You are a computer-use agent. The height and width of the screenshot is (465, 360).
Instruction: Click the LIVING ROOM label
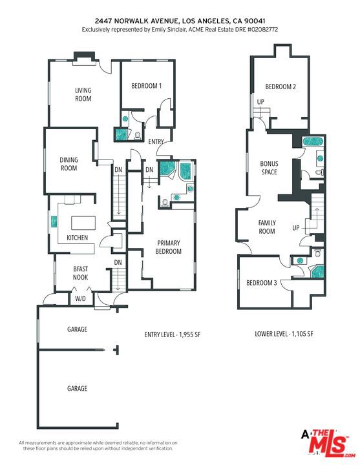(x=83, y=94)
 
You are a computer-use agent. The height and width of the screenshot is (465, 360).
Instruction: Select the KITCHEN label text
(x=77, y=238)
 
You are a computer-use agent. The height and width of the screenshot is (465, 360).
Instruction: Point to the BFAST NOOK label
(x=80, y=272)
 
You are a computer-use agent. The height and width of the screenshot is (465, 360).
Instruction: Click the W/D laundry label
(x=80, y=298)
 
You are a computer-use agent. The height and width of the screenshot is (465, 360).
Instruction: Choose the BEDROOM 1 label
(x=146, y=86)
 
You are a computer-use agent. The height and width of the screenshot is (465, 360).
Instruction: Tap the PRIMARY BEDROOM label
(x=168, y=247)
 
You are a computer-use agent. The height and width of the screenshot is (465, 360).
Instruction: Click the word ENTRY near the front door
(x=156, y=141)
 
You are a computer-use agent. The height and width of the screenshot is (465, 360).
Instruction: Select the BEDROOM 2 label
(x=281, y=87)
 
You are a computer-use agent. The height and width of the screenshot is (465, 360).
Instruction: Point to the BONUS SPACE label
(x=269, y=168)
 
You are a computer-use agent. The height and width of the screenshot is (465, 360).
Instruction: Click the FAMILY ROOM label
(x=267, y=227)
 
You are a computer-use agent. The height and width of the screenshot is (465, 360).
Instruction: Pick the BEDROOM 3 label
(x=262, y=283)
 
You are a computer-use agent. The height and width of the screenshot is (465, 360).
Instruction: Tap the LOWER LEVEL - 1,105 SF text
(x=284, y=334)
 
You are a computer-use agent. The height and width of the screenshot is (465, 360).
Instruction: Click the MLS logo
(x=328, y=443)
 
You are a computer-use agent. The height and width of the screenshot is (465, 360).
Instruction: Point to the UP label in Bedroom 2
(x=261, y=102)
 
